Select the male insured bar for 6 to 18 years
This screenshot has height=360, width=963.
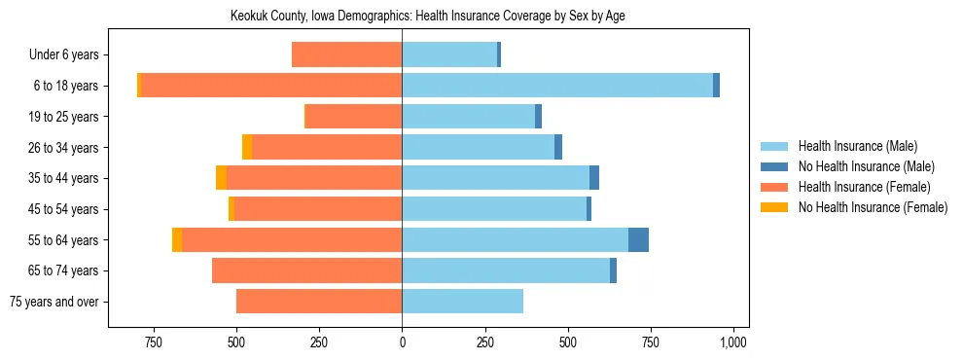click(557, 86)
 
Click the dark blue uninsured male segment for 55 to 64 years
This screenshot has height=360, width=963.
click(638, 240)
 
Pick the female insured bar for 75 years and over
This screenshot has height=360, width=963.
click(319, 302)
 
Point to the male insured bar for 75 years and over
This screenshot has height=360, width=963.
click(462, 302)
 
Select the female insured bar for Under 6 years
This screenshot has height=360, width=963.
click(346, 55)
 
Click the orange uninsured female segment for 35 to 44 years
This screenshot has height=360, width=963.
click(222, 178)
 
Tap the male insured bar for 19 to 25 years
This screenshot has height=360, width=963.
click(468, 117)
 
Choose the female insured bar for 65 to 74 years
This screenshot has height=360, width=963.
click(306, 270)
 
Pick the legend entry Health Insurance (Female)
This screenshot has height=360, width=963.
click(864, 187)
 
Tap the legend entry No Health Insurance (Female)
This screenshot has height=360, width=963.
click(873, 207)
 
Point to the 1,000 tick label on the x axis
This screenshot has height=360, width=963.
click(732, 342)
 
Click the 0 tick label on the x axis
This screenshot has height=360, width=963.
click(402, 342)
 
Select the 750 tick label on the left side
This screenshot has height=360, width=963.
click(153, 342)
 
